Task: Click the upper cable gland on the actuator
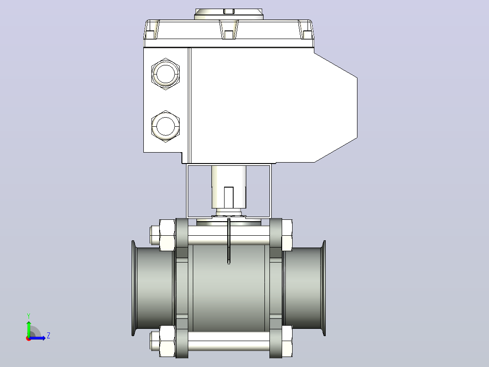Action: pos(166,74)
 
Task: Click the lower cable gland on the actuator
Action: pos(166,126)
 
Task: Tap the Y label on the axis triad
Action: pos(29,316)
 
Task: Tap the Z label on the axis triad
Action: pos(49,336)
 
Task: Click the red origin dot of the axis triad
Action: pos(29,338)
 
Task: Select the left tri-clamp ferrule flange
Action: pos(133,288)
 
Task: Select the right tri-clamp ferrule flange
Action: pos(324,288)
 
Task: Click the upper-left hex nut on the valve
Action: pos(167,235)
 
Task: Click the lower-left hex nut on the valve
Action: pos(167,341)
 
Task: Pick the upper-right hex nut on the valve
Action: pos(287,235)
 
